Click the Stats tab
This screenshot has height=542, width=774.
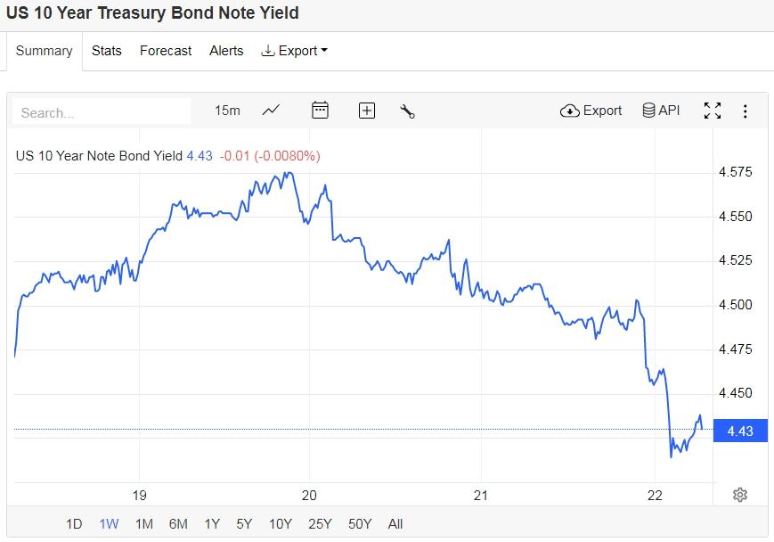point(106,51)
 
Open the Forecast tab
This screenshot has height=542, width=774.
point(166,51)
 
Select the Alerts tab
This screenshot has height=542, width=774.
point(226,51)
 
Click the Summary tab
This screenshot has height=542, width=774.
point(44,51)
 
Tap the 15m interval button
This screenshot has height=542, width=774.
point(227,111)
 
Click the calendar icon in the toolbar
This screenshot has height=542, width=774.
point(320,111)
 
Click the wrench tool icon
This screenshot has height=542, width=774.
point(408,111)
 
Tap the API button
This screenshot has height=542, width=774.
point(661,111)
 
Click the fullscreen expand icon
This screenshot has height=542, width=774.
point(713,111)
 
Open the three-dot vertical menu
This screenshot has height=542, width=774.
point(745,111)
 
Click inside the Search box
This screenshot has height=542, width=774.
point(102,112)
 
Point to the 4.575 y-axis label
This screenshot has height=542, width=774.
point(736,172)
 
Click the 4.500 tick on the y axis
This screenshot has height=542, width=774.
point(736,305)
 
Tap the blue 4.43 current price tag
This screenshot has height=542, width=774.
point(738,431)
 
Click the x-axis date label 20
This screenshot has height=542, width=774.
point(310,496)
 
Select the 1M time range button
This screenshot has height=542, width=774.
point(143,524)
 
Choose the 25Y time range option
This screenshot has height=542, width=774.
point(321,524)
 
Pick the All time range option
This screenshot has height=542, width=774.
point(395,524)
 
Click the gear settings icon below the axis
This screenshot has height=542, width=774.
point(739,495)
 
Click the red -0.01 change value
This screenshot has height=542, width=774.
point(235,156)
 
